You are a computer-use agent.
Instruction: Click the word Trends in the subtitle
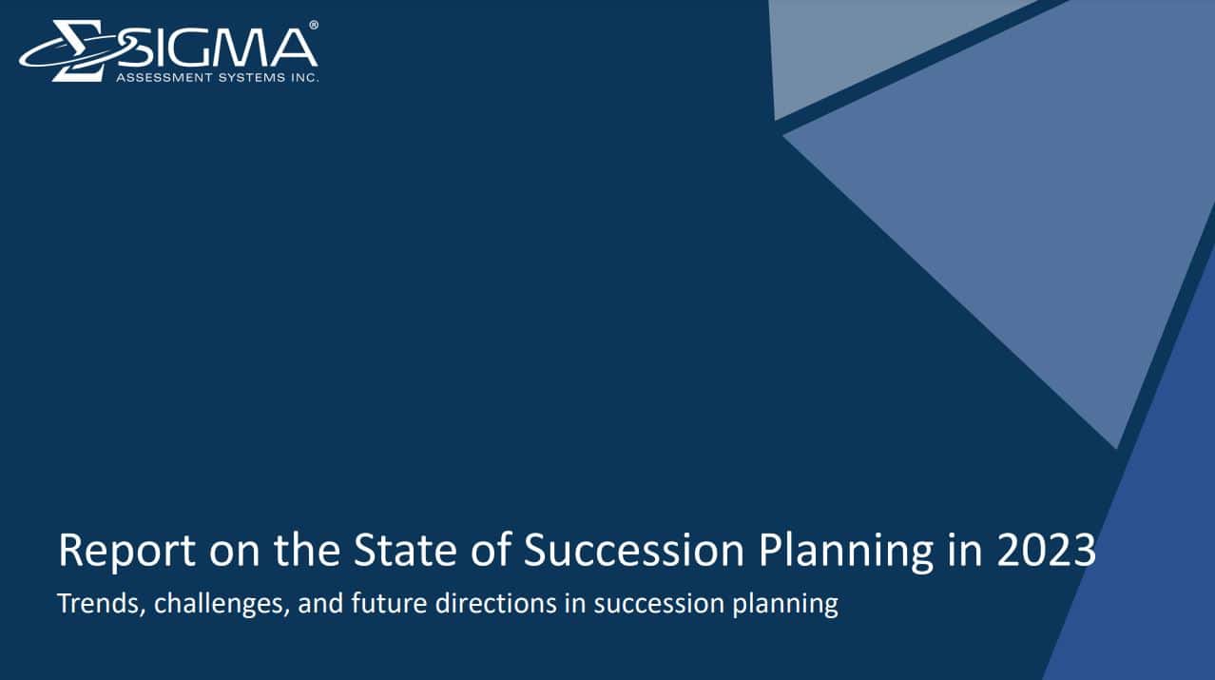(97, 604)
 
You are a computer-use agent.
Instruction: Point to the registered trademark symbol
(314, 26)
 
